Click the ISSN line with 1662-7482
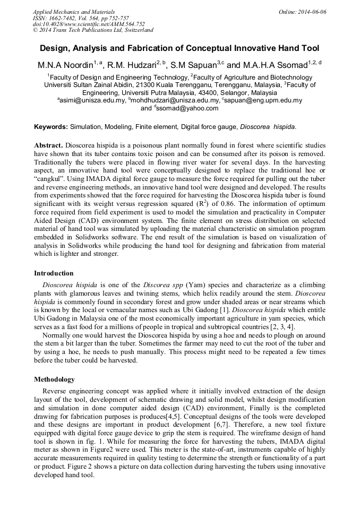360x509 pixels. (81, 18)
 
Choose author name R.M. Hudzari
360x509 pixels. (133, 65)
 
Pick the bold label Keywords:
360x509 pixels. (51, 127)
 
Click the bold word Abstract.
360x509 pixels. (49, 145)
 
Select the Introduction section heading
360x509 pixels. (54, 273)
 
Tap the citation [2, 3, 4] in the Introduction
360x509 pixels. (281, 327)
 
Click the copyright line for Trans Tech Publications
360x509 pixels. (93, 31)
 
